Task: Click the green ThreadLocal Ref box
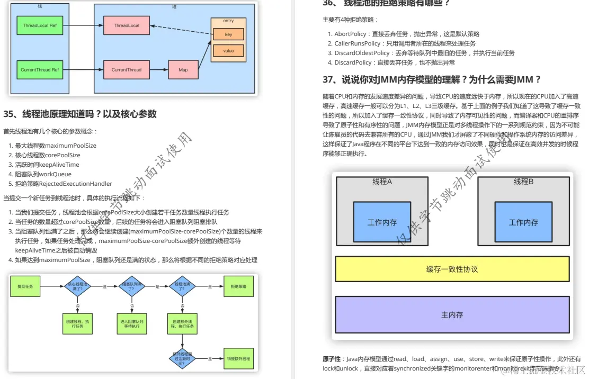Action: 40,25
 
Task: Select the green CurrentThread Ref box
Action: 40,70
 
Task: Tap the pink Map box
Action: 183,70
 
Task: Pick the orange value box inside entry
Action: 228,51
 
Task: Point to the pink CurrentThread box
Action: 126,70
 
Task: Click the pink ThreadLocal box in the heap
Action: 126,25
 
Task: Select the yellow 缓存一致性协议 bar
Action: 452,269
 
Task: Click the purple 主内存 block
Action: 452,314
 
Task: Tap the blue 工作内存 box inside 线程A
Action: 382,222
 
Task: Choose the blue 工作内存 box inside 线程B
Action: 523,222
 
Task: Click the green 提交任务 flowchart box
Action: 25,286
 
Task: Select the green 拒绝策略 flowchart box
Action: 238,286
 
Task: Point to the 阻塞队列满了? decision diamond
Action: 131,286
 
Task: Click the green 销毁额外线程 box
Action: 238,358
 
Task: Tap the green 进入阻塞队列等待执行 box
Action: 131,323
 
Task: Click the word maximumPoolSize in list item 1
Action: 70,146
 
